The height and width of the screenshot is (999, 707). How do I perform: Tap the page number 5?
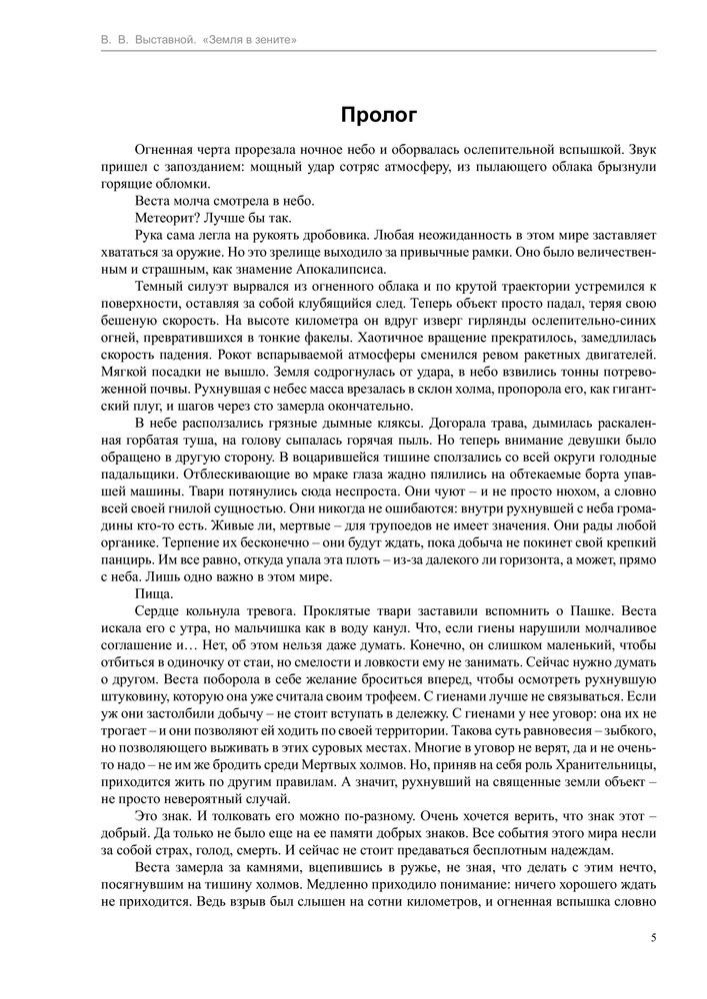[x=653, y=937]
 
